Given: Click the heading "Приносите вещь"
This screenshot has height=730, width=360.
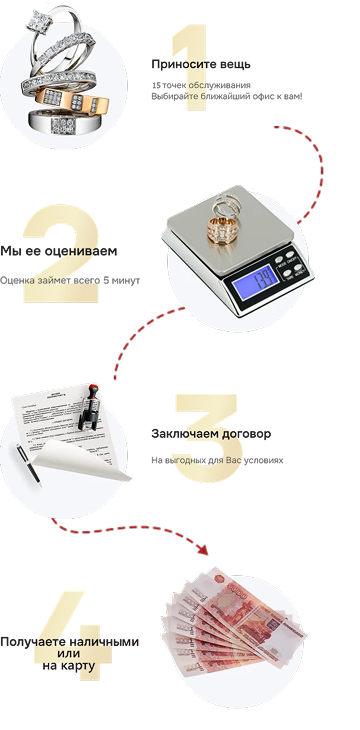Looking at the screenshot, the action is [x=201, y=65].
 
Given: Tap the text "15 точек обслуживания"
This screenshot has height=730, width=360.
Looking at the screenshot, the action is [x=201, y=85].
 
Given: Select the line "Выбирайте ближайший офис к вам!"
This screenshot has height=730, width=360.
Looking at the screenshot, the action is [x=227, y=97].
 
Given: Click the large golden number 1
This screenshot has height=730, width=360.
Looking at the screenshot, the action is [x=190, y=68].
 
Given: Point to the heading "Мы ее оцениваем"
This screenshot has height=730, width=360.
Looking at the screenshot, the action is [x=59, y=251].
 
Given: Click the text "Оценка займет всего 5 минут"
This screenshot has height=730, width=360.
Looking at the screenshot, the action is [x=70, y=281].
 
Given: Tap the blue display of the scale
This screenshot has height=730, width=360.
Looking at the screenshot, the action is [x=256, y=283].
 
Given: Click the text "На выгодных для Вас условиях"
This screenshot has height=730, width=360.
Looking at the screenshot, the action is [x=217, y=460].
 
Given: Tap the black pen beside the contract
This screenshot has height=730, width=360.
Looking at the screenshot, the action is [x=29, y=465].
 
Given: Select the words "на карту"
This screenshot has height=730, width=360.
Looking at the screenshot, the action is [x=69, y=666].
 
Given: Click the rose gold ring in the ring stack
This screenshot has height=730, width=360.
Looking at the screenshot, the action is [x=72, y=99].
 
